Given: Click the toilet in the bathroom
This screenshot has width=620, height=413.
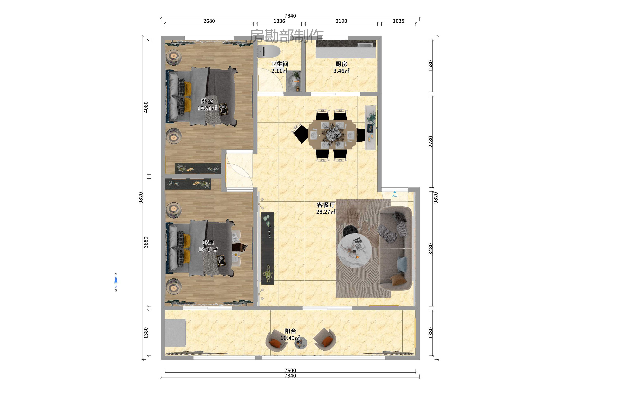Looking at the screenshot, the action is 269,51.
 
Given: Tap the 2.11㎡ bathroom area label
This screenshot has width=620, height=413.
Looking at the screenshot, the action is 279,71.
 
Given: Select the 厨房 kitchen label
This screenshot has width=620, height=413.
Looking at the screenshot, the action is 341,64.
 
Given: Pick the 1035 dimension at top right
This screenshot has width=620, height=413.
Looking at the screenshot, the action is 398,21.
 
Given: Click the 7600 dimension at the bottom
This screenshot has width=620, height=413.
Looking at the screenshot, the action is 290,370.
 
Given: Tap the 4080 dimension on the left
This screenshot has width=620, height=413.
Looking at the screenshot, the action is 146,107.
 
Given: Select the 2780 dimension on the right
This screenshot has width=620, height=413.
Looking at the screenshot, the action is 430,142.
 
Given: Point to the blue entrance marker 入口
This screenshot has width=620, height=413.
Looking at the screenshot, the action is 394,194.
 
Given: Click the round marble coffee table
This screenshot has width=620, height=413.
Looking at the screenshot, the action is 355,250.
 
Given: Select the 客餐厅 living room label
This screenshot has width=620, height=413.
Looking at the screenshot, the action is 326,205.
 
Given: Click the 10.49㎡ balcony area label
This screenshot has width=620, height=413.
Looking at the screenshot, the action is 290,338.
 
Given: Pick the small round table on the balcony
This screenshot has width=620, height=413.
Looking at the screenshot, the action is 301,343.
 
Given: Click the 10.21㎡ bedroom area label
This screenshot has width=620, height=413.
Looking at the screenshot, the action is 207,108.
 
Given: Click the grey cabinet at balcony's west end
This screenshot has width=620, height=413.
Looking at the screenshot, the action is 175,333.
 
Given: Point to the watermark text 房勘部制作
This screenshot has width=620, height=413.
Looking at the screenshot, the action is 287,36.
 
